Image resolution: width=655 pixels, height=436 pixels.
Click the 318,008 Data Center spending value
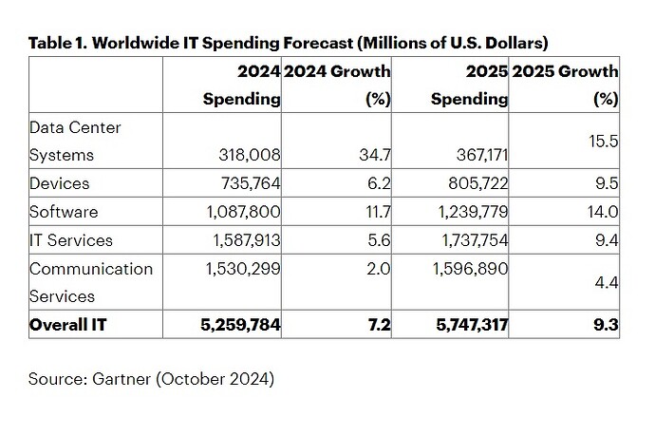[249, 154]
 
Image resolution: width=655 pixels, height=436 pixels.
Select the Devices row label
[59, 183]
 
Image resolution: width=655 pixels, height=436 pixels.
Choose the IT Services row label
[71, 240]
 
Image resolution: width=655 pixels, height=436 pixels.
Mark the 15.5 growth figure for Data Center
[604, 139]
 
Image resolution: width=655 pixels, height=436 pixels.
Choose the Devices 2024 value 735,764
[249, 183]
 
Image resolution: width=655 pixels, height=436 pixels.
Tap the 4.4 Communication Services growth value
[607, 281]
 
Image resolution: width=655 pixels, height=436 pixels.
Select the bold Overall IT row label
[68, 325]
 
